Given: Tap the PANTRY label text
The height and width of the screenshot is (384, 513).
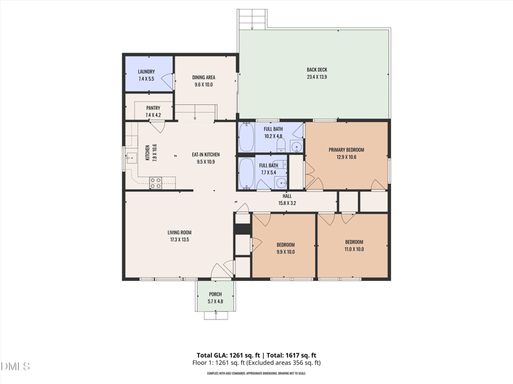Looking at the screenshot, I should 153,108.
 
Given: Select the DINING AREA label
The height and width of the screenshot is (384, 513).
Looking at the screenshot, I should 204,77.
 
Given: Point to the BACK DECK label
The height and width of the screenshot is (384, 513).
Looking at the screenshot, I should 317,70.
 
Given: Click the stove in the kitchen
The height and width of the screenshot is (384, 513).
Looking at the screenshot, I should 156,182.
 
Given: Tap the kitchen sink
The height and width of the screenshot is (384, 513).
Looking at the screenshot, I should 132,158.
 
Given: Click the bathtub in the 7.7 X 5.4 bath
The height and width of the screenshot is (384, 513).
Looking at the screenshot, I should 246,173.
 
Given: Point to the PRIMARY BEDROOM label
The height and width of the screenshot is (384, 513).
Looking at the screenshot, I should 346,149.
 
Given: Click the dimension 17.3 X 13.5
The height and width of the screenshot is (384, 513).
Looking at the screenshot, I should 180,240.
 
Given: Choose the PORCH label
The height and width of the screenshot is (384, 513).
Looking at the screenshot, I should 215,294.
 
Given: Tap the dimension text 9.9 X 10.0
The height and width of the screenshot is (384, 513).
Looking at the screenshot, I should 285,252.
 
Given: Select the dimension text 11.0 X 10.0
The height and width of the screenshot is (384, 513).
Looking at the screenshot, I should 354,249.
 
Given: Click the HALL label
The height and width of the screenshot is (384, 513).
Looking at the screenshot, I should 287,196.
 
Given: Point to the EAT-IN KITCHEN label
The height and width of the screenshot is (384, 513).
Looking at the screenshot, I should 206,154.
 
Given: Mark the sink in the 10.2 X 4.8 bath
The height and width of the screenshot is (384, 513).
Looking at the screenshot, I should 296,147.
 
